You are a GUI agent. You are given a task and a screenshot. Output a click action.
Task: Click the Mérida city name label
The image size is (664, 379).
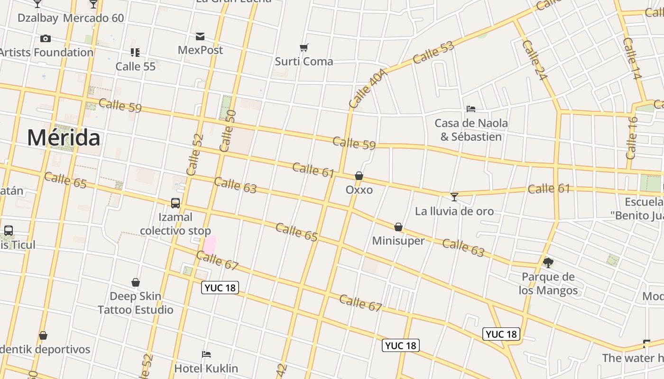(x=64, y=138)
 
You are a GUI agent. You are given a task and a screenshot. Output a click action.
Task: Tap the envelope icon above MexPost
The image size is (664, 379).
(x=200, y=36)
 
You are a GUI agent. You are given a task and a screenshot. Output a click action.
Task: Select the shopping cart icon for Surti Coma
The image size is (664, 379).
(x=304, y=47)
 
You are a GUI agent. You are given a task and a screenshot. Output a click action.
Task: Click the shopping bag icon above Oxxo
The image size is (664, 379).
(x=359, y=176)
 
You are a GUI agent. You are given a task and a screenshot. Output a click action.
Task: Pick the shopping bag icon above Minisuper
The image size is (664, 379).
(x=398, y=227)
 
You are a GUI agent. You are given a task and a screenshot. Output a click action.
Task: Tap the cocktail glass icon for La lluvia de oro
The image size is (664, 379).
(x=454, y=197)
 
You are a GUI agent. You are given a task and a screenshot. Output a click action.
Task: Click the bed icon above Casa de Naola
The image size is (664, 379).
(x=471, y=109)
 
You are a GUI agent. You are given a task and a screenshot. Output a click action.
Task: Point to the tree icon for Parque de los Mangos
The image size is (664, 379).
(x=548, y=262)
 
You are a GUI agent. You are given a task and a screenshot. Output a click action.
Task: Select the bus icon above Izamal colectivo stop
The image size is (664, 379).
(x=175, y=203)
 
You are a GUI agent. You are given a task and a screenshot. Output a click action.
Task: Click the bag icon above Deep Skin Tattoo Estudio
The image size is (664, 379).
(x=136, y=283)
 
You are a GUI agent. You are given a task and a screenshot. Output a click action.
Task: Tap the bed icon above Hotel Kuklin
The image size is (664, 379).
(x=206, y=354)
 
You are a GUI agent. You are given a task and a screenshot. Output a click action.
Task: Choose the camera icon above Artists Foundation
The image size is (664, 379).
(x=46, y=38)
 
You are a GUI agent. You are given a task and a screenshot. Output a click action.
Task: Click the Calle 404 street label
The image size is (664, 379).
(x=368, y=88)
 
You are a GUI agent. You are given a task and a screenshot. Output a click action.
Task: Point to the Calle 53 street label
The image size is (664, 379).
(x=433, y=53)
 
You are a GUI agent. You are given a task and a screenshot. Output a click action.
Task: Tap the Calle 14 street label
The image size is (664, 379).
(x=632, y=58)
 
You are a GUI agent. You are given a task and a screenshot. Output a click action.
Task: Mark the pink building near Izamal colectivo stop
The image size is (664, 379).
(x=210, y=245)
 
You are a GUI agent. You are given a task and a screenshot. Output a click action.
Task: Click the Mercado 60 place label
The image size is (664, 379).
(x=93, y=18)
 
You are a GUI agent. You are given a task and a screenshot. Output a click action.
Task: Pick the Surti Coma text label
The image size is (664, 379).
(x=304, y=61)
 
